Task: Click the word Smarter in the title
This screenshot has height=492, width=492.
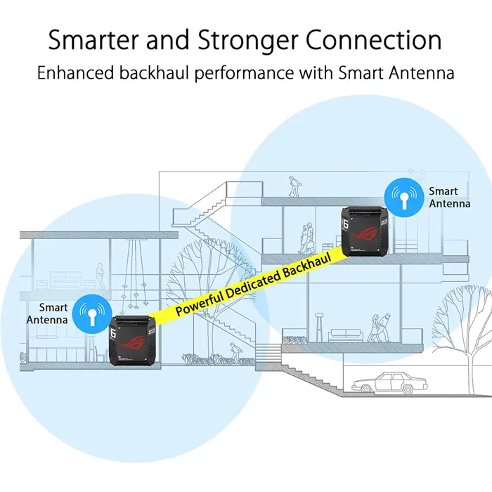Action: pyautogui.click(x=94, y=41)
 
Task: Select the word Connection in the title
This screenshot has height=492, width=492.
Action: pyautogui.click(x=380, y=41)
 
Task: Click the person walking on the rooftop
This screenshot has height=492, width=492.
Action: pyautogui.click(x=293, y=187)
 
